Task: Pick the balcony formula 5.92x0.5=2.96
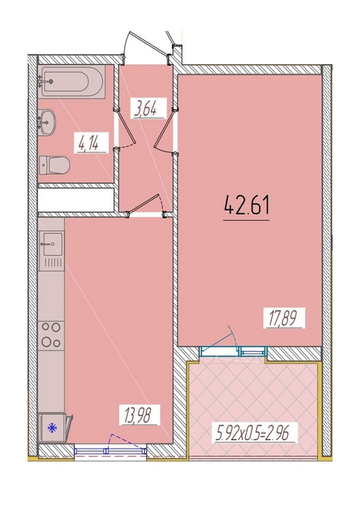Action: [251, 434]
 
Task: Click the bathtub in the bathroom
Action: [72, 81]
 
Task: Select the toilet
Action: [54, 165]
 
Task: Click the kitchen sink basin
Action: [52, 244]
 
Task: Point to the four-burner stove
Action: [51, 334]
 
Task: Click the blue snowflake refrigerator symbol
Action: [53, 427]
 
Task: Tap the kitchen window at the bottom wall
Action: [111, 451]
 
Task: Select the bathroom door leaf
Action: [126, 127]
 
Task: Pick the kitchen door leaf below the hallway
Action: [143, 204]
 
